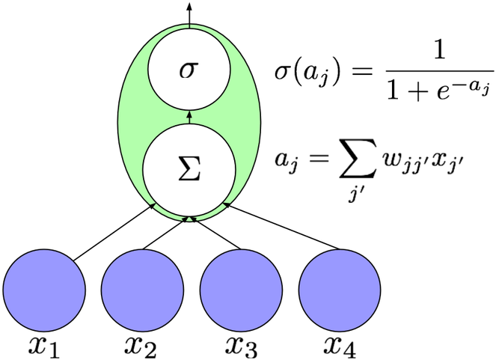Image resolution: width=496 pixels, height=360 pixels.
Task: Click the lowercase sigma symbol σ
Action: [189, 70]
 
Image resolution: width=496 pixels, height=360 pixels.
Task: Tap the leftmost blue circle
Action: [44, 290]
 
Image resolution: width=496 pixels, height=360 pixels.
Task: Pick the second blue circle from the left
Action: [142, 290]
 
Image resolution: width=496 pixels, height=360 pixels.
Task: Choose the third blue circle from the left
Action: [241, 290]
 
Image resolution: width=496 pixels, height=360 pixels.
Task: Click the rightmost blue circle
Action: [340, 290]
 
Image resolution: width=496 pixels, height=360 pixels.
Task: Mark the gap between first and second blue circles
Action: [94, 290]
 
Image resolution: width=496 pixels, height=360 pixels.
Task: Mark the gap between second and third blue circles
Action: [192, 290]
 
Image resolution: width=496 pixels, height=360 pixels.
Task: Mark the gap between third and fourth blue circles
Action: [290, 290]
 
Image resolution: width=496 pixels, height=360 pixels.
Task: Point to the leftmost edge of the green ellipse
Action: [118, 123]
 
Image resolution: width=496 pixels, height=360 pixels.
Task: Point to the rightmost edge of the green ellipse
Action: [261, 123]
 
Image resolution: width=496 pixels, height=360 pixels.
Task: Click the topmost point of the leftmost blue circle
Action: [44, 250]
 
